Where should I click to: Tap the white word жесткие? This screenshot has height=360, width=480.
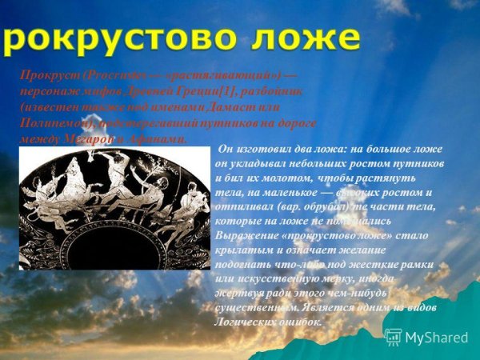pos(374,263)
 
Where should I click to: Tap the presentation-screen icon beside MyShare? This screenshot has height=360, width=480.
pos(393,337)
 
